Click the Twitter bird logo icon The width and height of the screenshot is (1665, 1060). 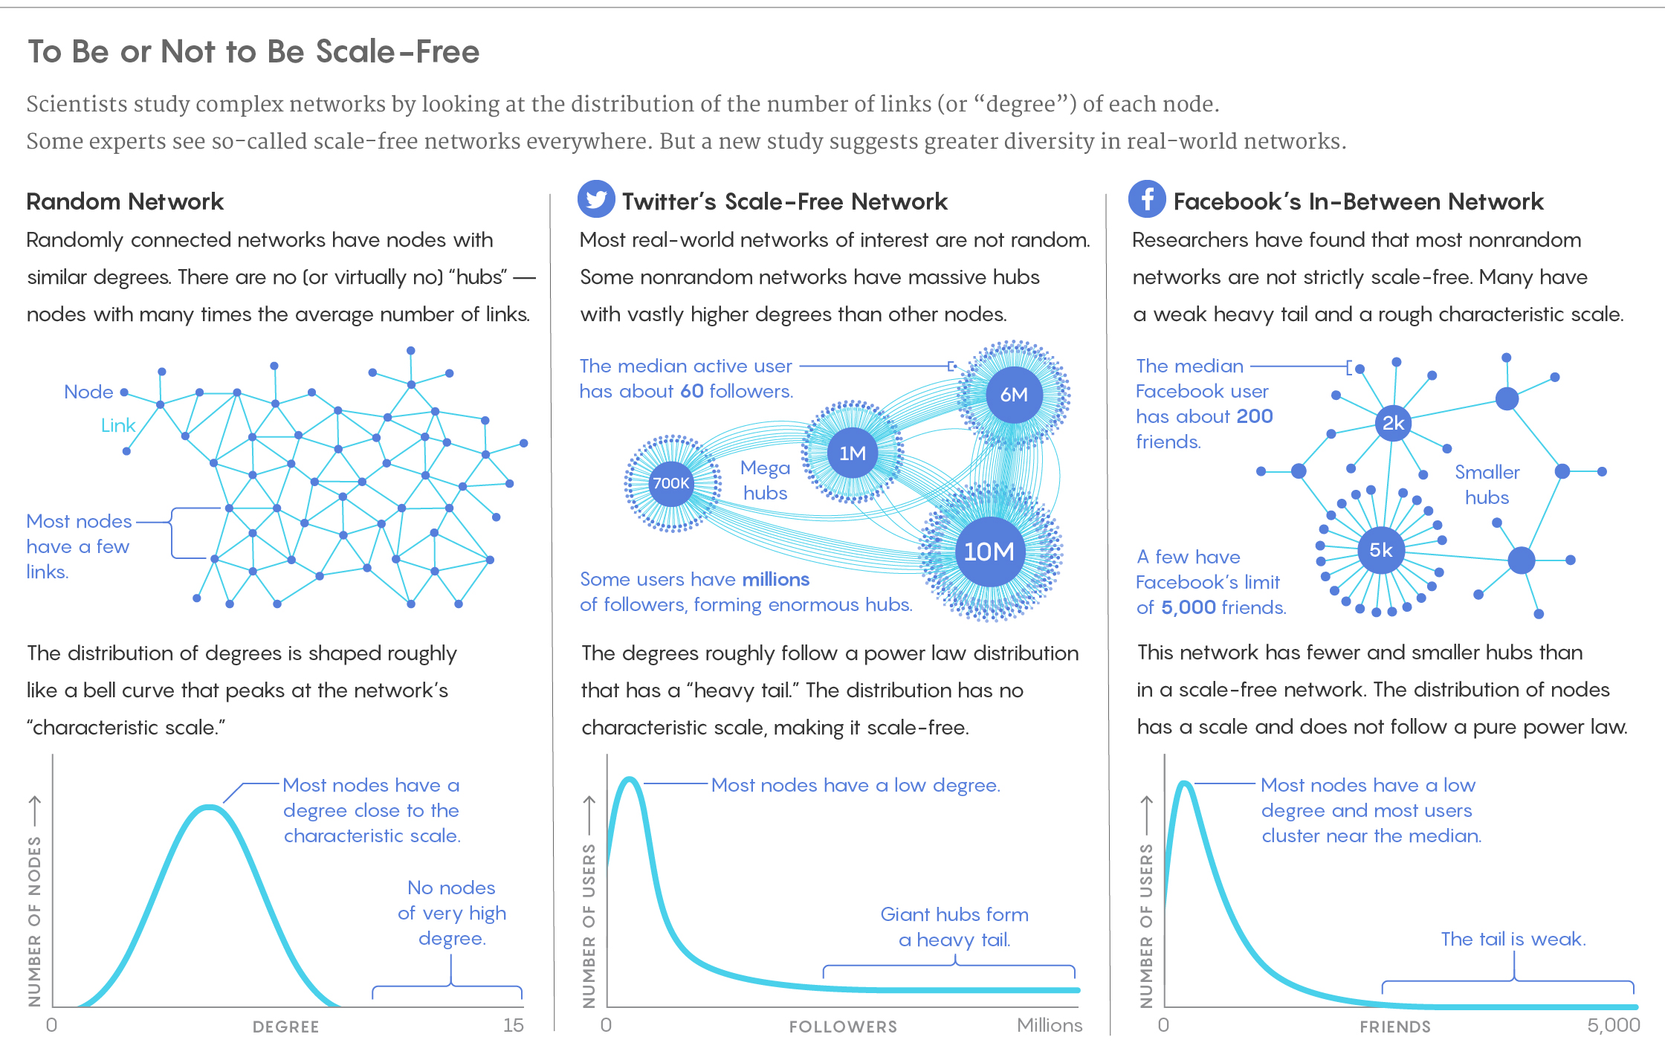click(596, 199)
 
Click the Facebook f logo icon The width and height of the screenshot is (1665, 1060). click(1147, 199)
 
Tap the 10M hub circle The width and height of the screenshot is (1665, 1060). click(989, 552)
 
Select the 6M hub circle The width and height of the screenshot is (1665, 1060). click(1014, 395)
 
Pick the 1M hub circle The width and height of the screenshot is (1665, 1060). click(853, 453)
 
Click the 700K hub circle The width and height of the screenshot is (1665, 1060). click(671, 483)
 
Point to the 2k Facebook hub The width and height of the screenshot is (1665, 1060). click(1393, 423)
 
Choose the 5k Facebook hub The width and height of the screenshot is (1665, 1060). click(1381, 550)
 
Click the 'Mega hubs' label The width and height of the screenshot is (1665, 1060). click(765, 480)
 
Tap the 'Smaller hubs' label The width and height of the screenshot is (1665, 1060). click(1487, 485)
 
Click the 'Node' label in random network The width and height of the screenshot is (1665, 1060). click(88, 392)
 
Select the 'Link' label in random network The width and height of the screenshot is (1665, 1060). click(118, 425)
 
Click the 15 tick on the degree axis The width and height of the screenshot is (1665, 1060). click(513, 1025)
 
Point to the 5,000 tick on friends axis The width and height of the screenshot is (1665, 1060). click(1613, 1025)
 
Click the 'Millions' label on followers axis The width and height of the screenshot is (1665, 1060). click(1049, 1025)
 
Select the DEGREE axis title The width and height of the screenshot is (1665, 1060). click(285, 1027)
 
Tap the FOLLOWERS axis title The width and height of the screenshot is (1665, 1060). click(843, 1027)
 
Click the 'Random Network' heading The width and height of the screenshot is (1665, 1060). click(125, 201)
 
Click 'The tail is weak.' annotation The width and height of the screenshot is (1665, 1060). click(1513, 939)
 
